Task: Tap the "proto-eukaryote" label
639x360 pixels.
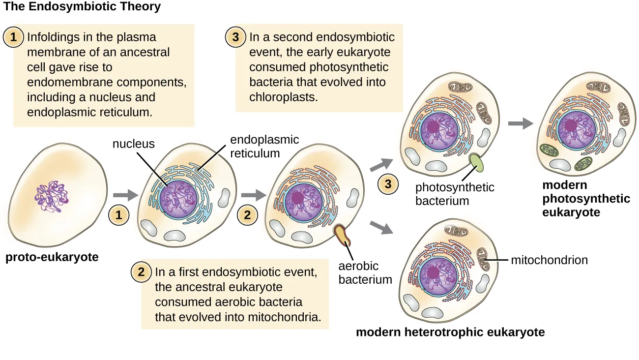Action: coord(52,257)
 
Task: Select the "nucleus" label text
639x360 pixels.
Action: coord(133,144)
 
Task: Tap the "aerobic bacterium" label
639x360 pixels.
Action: coord(365,273)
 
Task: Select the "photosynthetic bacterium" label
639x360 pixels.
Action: coord(455,194)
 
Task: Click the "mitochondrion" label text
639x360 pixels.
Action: coord(549,260)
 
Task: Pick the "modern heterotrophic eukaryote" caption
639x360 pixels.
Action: coord(450,332)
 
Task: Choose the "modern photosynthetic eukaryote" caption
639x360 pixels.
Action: coord(586,199)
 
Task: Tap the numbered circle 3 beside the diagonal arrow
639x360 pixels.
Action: coord(388,184)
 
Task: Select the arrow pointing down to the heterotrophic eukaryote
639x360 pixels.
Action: coord(383,227)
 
